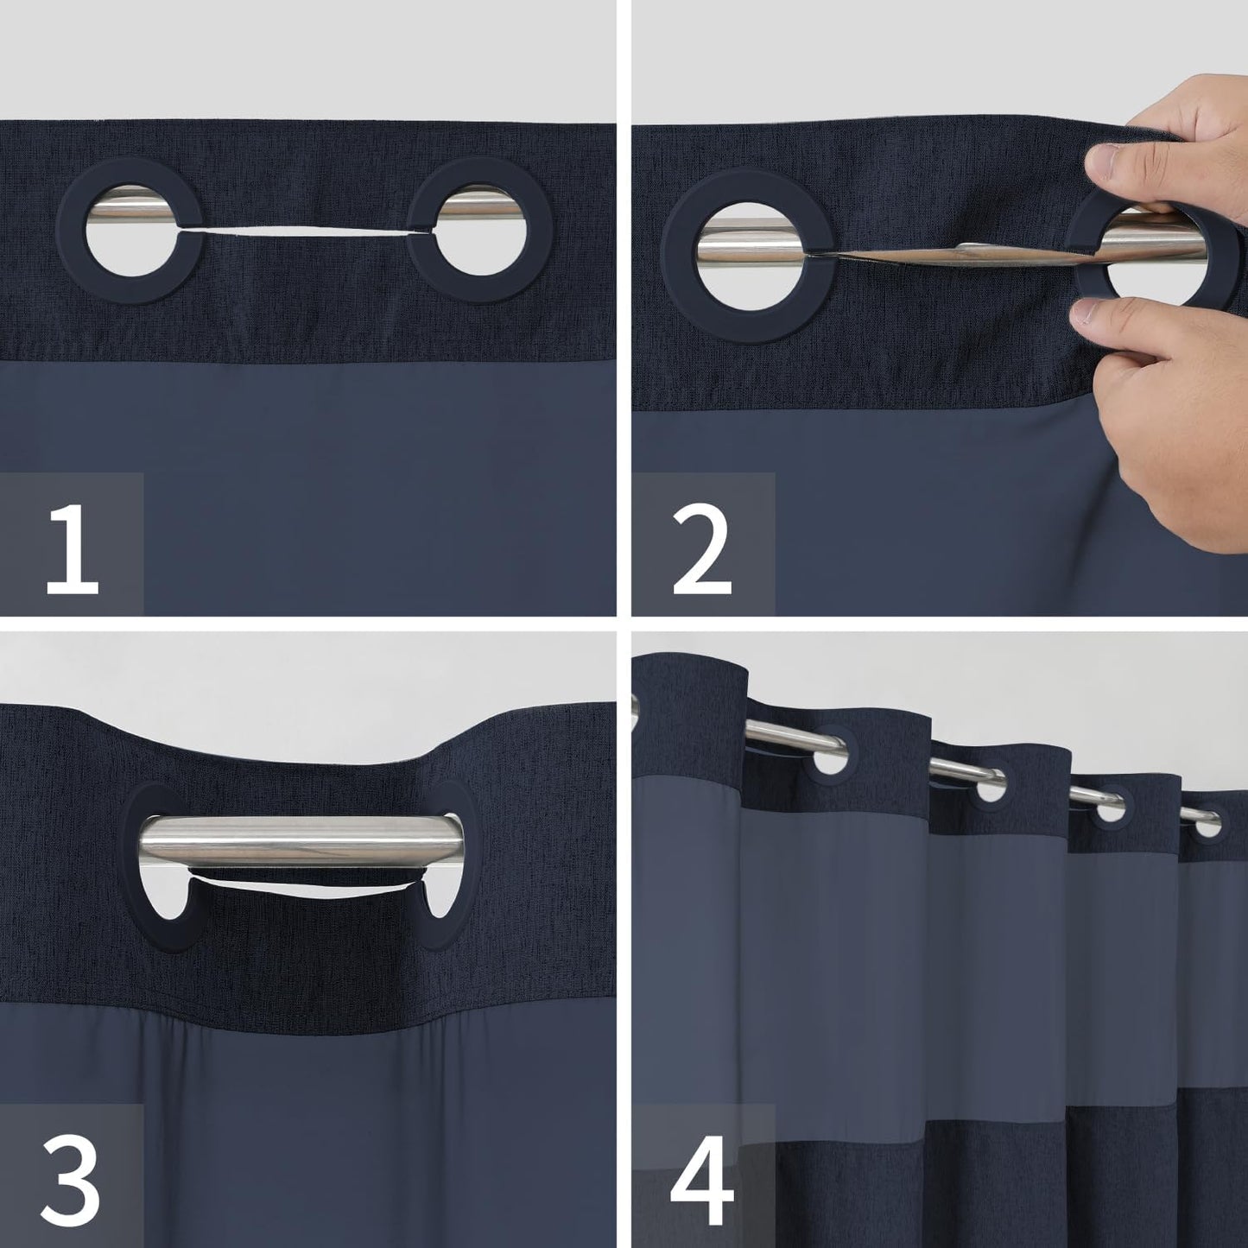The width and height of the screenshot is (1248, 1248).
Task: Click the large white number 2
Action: (x=701, y=550)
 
